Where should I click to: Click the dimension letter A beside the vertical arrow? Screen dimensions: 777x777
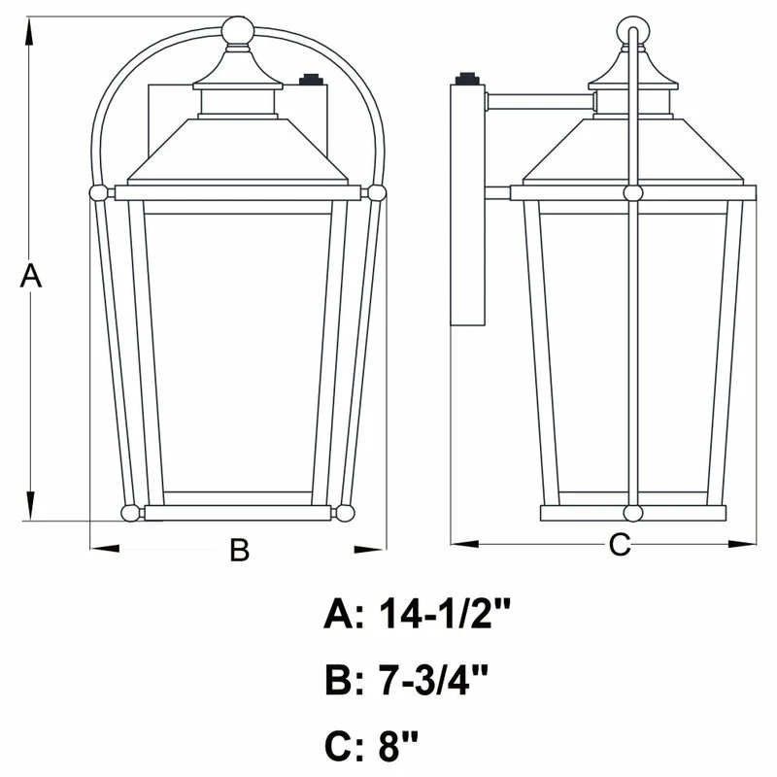coord(31,276)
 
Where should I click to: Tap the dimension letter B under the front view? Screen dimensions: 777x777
coord(239,551)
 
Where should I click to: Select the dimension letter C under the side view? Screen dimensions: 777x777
coord(619,545)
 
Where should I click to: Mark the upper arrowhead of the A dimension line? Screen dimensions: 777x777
coord(31,29)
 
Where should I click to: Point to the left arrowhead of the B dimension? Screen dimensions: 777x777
coord(103,549)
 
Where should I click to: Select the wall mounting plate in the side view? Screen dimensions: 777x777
coord(468,204)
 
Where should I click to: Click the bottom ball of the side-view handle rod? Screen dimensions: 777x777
coord(632,512)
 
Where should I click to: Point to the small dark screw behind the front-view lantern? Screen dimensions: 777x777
coord(311,80)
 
